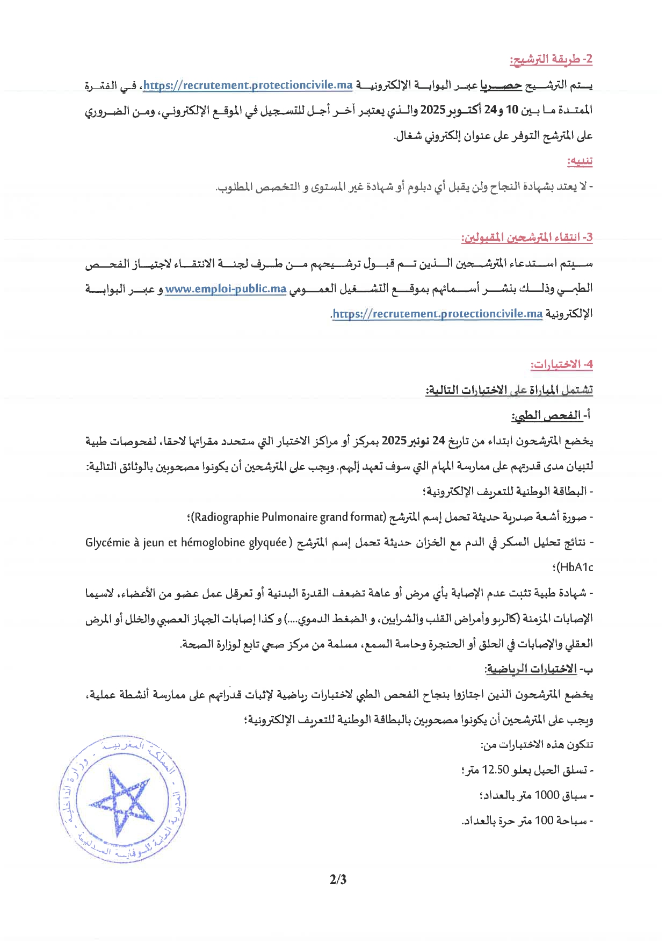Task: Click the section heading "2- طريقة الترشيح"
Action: coord(551,60)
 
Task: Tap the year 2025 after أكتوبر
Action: coord(433,110)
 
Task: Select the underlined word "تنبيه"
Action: coord(580,161)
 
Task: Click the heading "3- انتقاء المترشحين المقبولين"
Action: coord(527,237)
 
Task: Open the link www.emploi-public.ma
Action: coord(226,289)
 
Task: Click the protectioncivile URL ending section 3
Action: coord(438,314)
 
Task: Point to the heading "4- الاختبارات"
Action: coord(562,365)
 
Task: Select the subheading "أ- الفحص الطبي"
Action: coord(551,416)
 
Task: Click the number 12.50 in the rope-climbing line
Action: coord(495,770)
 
